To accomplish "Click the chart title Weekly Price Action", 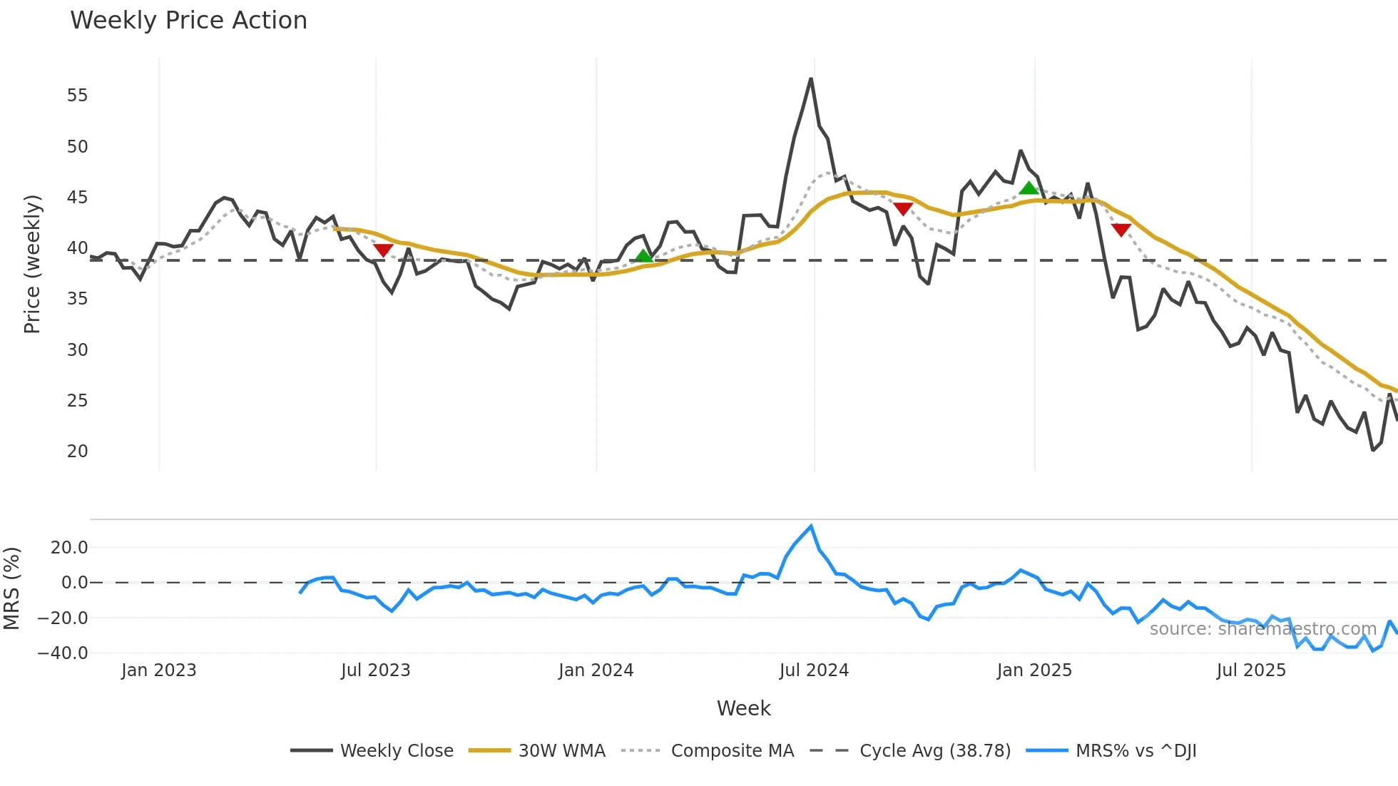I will [188, 21].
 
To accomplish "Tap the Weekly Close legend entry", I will [396, 750].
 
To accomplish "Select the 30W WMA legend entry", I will [561, 750].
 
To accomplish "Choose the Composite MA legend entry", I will [732, 750].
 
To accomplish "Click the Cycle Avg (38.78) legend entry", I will [934, 750].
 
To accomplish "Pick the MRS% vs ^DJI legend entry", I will [1136, 750].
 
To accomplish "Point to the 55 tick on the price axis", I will [77, 96].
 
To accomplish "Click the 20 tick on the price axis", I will [77, 451].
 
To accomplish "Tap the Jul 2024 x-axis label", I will [814, 670].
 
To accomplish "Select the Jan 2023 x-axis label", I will [158, 670].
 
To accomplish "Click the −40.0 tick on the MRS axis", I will [63, 653].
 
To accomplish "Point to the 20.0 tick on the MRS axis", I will [69, 548].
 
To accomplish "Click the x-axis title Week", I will [743, 708].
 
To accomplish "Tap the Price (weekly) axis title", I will [32, 264].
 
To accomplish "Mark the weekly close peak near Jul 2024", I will [811, 79].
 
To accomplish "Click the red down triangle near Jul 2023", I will [383, 250].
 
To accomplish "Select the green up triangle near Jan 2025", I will [1029, 188].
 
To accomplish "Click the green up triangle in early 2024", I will [643, 256].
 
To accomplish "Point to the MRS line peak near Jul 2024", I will [811, 526].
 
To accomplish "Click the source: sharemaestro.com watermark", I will [1262, 629].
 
